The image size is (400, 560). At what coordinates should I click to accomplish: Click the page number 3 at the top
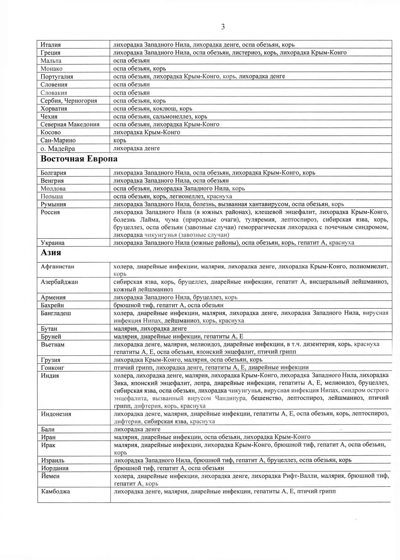223,27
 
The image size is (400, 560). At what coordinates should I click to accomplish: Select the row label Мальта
51,61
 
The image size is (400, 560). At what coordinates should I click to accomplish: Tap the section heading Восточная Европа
79,159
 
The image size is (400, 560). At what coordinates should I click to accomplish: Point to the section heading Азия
51,253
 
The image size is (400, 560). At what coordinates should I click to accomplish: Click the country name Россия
50,212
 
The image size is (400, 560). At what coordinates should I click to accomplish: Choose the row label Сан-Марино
58,140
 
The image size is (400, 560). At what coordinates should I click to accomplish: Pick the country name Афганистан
57,267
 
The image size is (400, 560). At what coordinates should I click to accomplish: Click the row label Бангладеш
56,313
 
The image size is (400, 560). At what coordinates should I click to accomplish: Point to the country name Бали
48,429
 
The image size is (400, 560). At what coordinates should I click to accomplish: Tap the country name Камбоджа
55,491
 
